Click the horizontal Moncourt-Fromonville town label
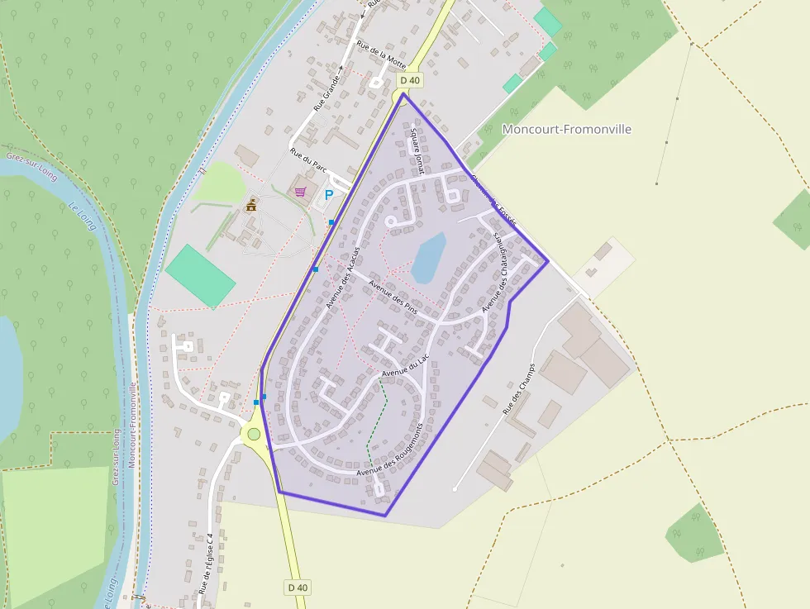[x=567, y=129]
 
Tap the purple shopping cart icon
[x=301, y=192]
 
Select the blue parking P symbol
[x=329, y=195]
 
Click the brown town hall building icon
[x=251, y=205]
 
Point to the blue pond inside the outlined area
[x=429, y=257]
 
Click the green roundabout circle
[x=254, y=434]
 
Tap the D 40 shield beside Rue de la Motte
[x=410, y=80]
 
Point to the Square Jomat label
[x=416, y=150]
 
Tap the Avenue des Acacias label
[x=344, y=277]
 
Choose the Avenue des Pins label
[x=393, y=297]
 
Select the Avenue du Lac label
[x=407, y=368]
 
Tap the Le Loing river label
[x=83, y=216]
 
